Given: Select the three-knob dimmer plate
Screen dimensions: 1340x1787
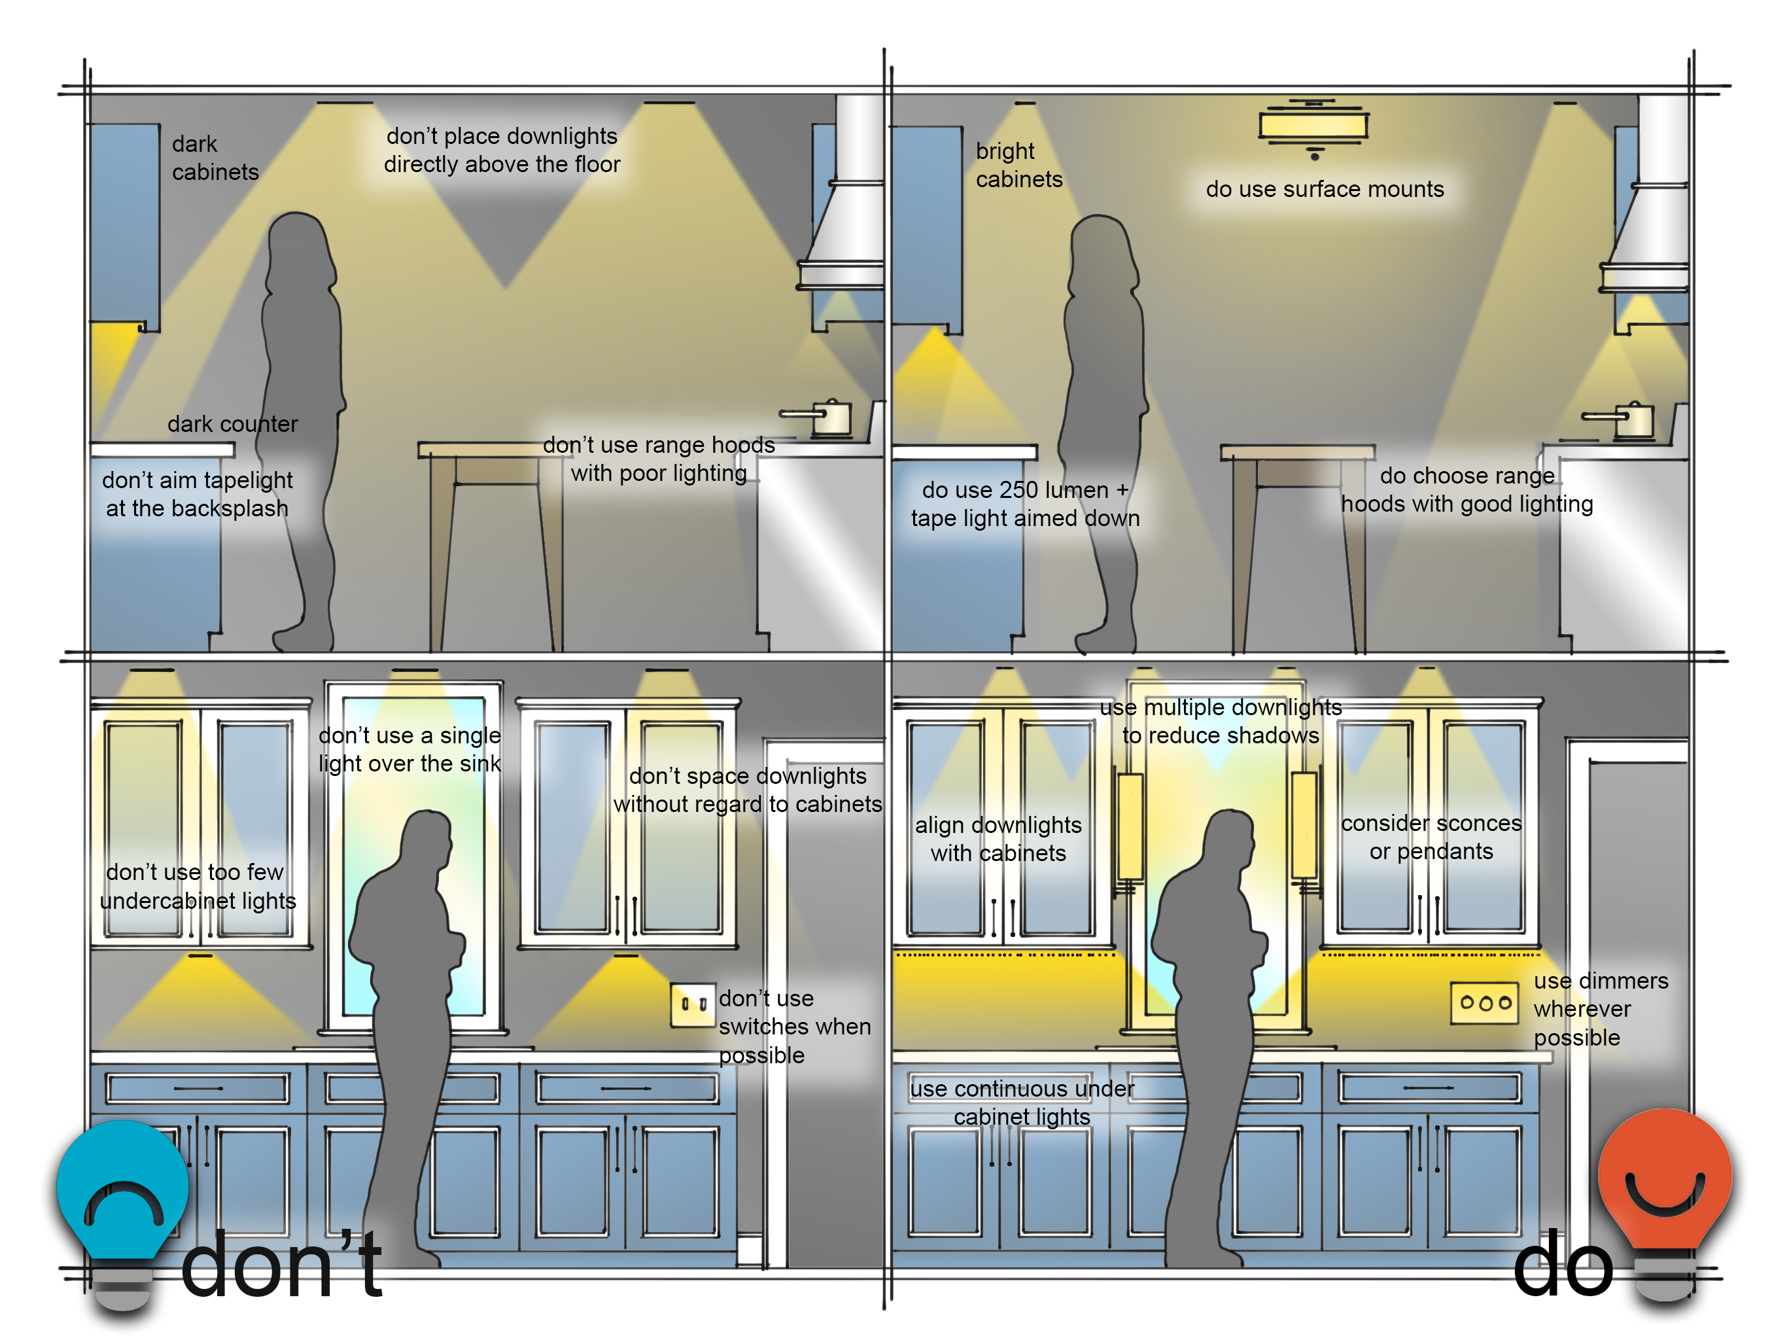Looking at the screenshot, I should [x=1484, y=1003].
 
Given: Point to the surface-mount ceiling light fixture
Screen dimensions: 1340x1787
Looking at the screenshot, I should [x=1313, y=126].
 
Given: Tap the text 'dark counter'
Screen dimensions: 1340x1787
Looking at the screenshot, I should [x=233, y=424].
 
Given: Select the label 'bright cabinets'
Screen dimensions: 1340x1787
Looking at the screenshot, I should [x=1018, y=165].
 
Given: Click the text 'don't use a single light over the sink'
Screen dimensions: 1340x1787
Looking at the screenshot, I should [x=409, y=749].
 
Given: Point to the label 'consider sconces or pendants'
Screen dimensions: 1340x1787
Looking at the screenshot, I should [x=1431, y=837].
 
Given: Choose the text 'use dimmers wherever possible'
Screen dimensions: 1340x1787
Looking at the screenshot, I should [x=1599, y=1009].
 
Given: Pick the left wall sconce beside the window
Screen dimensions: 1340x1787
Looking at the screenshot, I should [x=1130, y=826].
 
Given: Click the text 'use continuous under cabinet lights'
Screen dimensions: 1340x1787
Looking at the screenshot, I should [x=1022, y=1102].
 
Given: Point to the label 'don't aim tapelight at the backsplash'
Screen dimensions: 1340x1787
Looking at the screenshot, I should [x=197, y=494].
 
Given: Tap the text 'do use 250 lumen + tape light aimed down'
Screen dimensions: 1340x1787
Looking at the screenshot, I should [x=1025, y=504].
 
